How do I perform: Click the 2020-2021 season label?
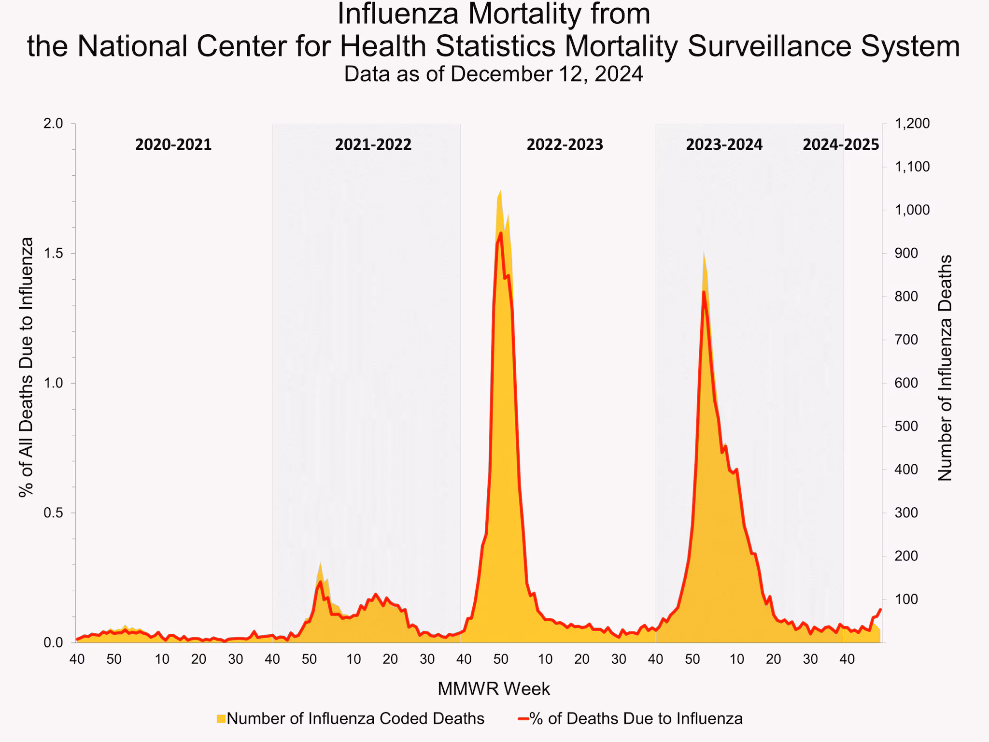173,144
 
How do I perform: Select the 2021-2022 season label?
373,144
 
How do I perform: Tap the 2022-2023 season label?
565,144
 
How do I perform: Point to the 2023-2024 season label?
724,144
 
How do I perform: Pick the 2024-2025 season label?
841,144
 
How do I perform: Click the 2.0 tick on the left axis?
53,124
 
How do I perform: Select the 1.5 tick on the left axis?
53,254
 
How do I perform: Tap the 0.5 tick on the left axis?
53,513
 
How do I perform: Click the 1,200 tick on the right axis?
912,124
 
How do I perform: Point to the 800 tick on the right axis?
906,297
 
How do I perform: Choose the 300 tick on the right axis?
906,513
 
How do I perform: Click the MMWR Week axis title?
494,689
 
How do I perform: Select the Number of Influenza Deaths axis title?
945,368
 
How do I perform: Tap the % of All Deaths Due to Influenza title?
27,367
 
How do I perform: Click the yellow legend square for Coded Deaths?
221,719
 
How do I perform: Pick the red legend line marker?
523,719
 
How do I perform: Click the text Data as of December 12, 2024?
494,74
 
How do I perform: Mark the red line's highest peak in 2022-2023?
501,233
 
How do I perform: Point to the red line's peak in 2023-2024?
704,292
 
